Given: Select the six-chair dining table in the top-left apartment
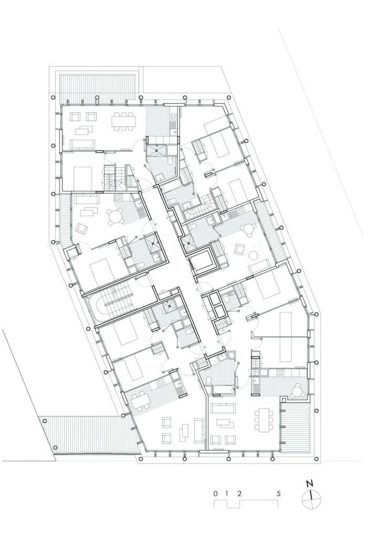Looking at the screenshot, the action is point(123,121).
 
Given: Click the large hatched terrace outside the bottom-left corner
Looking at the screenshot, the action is point(89,435).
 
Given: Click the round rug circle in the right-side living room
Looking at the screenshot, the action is point(254,255).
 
